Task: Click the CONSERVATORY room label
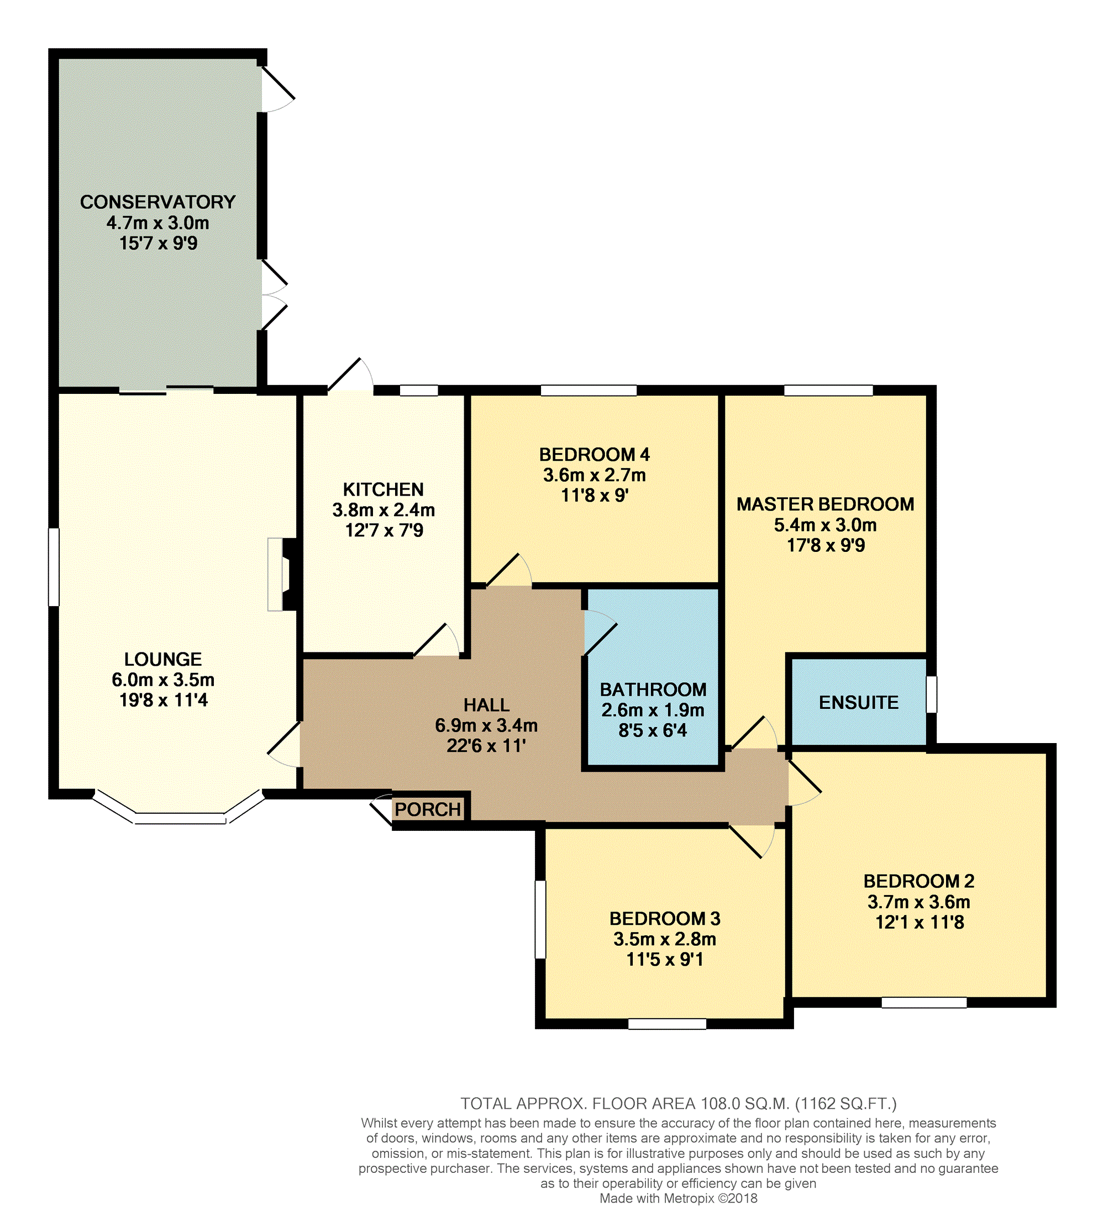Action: [157, 202]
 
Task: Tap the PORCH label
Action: [428, 809]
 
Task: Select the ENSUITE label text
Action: [859, 702]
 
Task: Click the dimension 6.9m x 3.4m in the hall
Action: [486, 725]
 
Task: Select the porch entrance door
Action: [381, 809]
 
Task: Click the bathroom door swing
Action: [600, 633]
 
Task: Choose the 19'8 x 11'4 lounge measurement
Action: [164, 700]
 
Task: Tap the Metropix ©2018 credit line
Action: [678, 1198]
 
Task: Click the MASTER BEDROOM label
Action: [826, 504]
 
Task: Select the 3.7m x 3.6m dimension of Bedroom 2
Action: [918, 902]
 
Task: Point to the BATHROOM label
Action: [653, 689]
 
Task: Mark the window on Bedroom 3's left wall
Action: [540, 920]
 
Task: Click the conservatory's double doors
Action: [274, 295]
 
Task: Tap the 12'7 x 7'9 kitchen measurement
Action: [384, 530]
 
